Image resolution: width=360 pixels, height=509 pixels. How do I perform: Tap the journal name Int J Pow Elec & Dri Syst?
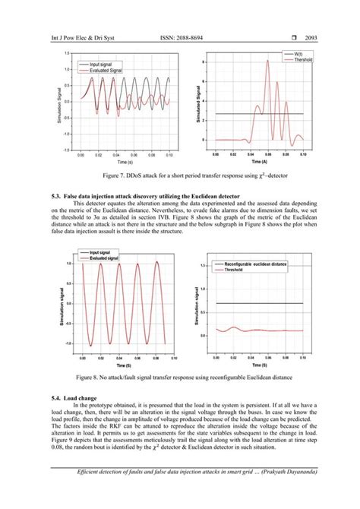click(73, 36)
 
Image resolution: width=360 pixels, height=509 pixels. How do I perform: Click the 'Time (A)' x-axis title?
click(258, 162)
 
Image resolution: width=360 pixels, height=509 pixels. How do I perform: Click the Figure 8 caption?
click(180, 378)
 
